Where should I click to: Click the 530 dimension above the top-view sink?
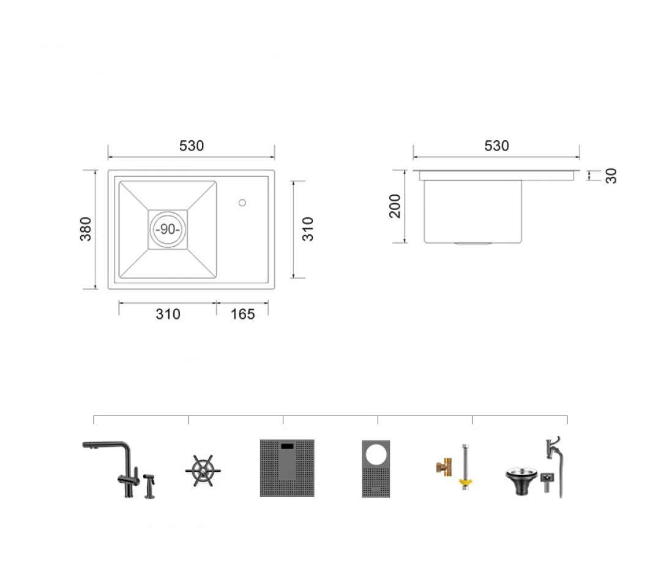192,146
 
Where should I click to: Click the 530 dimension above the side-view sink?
496,146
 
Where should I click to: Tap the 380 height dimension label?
86,229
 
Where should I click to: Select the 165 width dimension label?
243,314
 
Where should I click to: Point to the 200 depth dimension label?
395,206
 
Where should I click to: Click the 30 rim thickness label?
611,175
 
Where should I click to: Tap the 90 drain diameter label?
168,229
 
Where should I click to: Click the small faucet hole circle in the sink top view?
242,203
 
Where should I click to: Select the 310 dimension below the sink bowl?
168,314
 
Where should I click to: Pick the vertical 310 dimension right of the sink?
308,229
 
